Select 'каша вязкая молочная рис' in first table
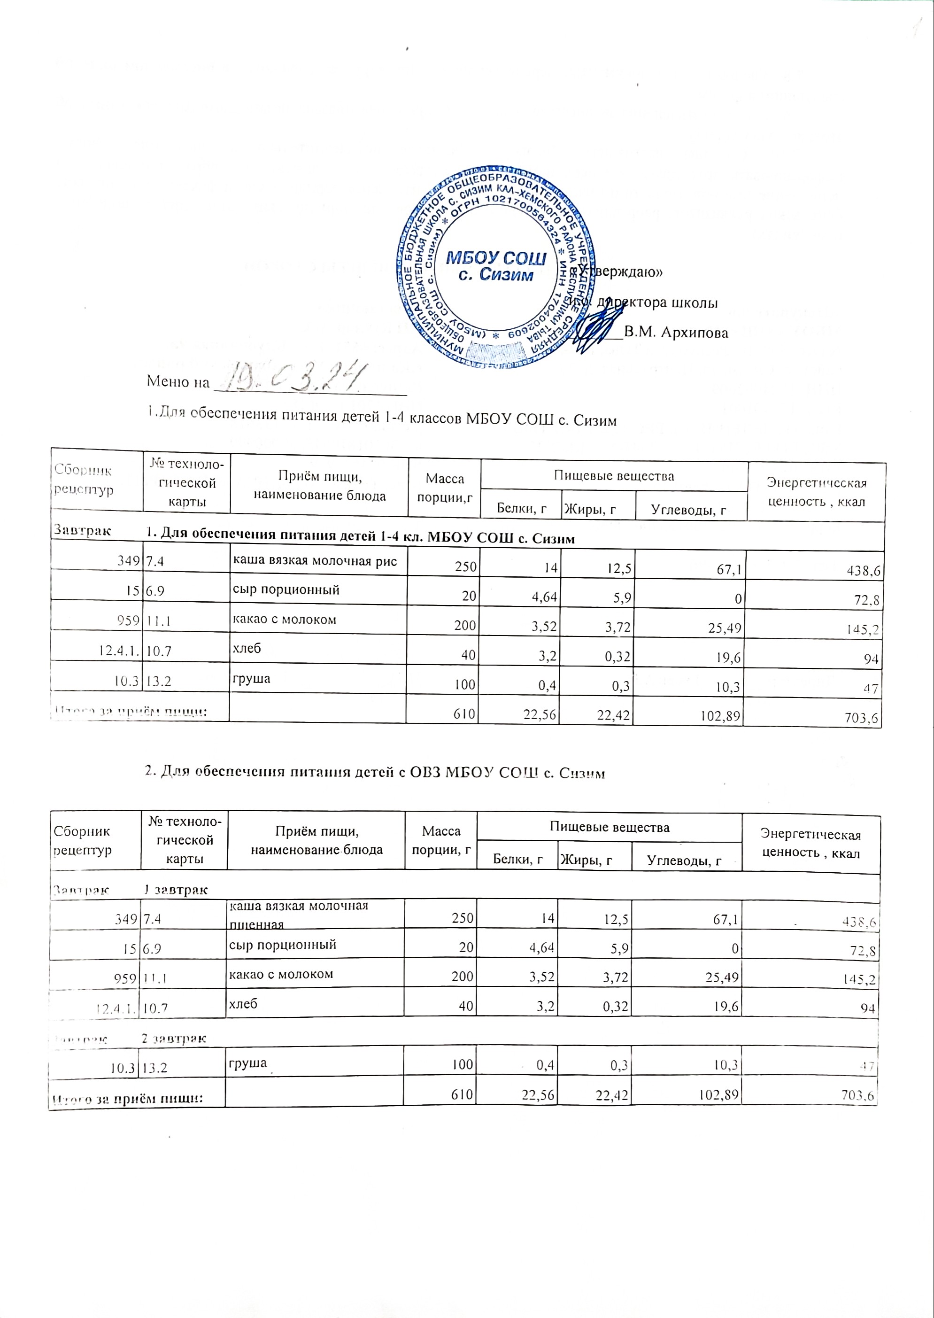(315, 561)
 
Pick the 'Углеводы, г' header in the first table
(688, 510)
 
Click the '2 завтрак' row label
(174, 1039)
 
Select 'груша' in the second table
(248, 1062)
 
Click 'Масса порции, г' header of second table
(441, 840)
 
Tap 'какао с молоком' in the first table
(284, 620)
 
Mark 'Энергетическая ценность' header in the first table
(816, 492)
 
